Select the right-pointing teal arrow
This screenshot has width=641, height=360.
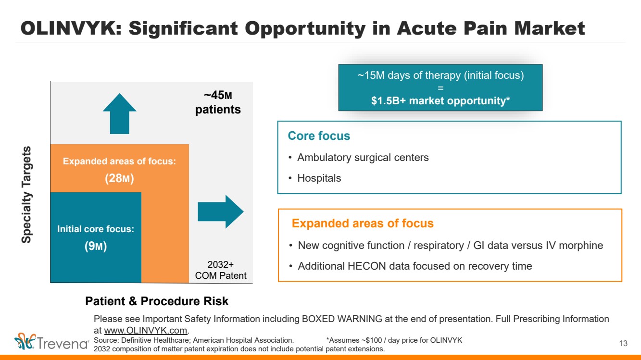[221, 211]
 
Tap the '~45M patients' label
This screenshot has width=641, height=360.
[217, 102]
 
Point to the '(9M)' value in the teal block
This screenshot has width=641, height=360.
[95, 247]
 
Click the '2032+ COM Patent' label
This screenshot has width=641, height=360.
[220, 270]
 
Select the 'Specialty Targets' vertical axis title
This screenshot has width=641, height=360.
[27, 194]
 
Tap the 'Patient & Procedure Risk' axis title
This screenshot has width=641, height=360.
[157, 301]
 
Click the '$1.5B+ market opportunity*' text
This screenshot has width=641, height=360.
[440, 101]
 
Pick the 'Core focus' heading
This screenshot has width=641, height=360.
[319, 136]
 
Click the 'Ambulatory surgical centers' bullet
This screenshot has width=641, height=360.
[363, 157]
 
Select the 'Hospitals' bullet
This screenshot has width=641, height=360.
[319, 178]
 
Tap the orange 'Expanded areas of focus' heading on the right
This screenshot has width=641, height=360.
[363, 223]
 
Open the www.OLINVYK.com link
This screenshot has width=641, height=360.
[146, 330]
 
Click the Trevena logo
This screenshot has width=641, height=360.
[52, 343]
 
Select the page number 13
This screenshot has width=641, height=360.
[624, 343]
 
